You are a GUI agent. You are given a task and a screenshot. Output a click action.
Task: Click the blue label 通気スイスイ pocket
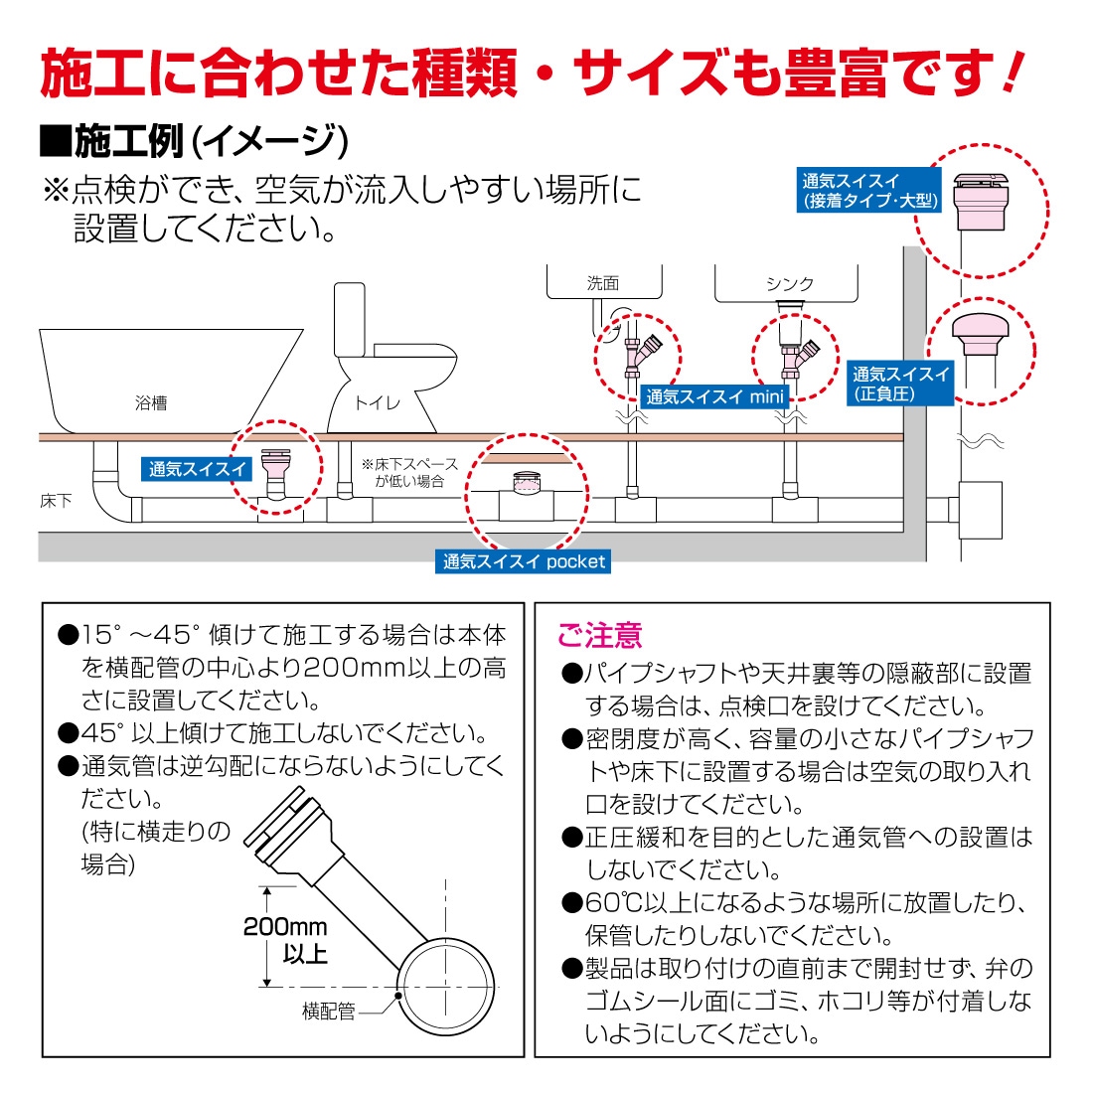[524, 562]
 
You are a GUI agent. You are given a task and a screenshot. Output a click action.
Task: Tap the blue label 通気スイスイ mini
[714, 396]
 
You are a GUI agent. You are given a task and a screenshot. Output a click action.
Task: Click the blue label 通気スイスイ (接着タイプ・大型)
[869, 191]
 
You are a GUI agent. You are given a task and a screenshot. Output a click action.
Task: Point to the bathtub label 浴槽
[151, 403]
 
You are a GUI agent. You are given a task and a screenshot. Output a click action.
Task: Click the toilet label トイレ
[378, 403]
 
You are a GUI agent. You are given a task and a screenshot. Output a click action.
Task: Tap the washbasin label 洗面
[603, 284]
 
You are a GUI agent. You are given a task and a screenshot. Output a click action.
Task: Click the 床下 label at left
[56, 502]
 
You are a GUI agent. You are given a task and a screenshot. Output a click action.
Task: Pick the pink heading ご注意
[599, 635]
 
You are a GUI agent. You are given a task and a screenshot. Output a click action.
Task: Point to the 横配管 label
[328, 1013]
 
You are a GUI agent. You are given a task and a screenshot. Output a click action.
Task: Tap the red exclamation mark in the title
[1012, 73]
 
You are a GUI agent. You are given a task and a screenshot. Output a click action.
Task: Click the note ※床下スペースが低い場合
[409, 472]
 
